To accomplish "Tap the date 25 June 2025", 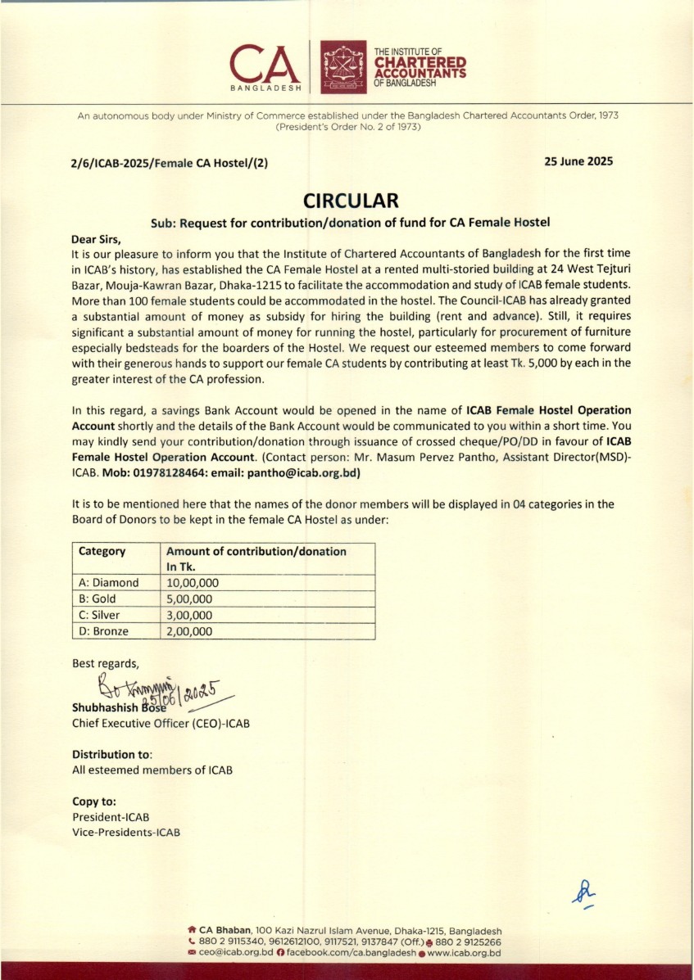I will [x=578, y=161].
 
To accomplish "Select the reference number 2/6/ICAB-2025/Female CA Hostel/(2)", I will [x=170, y=163].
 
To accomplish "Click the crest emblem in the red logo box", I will [x=342, y=65].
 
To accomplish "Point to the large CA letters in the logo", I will [x=265, y=62].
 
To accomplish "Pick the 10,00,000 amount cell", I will [x=193, y=583].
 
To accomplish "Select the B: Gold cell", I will [x=98, y=598].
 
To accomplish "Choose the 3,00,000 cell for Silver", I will [x=189, y=615].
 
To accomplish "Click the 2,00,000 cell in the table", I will [x=189, y=631].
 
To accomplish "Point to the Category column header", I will [x=102, y=551].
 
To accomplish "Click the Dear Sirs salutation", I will [x=97, y=240].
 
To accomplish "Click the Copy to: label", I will [x=94, y=802].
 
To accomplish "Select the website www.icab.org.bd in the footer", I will [x=464, y=953].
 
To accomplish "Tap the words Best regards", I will [x=106, y=663].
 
